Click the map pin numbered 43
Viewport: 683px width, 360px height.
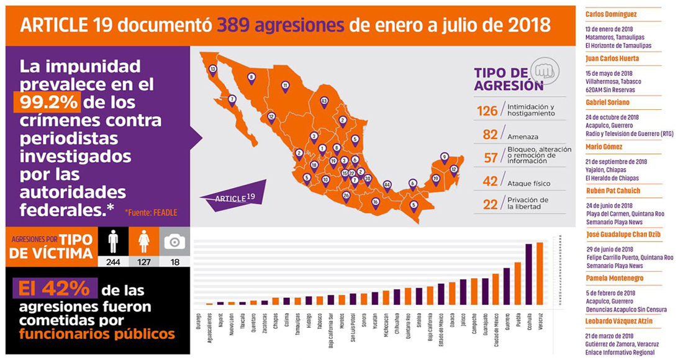coord(323,101)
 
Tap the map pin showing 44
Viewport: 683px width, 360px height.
coord(387,185)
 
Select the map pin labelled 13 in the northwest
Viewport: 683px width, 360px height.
coord(213,70)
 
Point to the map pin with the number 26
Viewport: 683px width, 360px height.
coord(346,196)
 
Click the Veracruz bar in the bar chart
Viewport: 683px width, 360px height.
coord(540,273)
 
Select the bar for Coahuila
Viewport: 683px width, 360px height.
coord(528,274)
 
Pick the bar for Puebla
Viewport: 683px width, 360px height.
coord(517,283)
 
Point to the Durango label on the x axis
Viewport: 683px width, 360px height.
coord(199,323)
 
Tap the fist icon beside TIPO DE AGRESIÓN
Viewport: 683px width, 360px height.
coord(544,70)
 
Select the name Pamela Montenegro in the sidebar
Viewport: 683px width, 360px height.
coord(614,278)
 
